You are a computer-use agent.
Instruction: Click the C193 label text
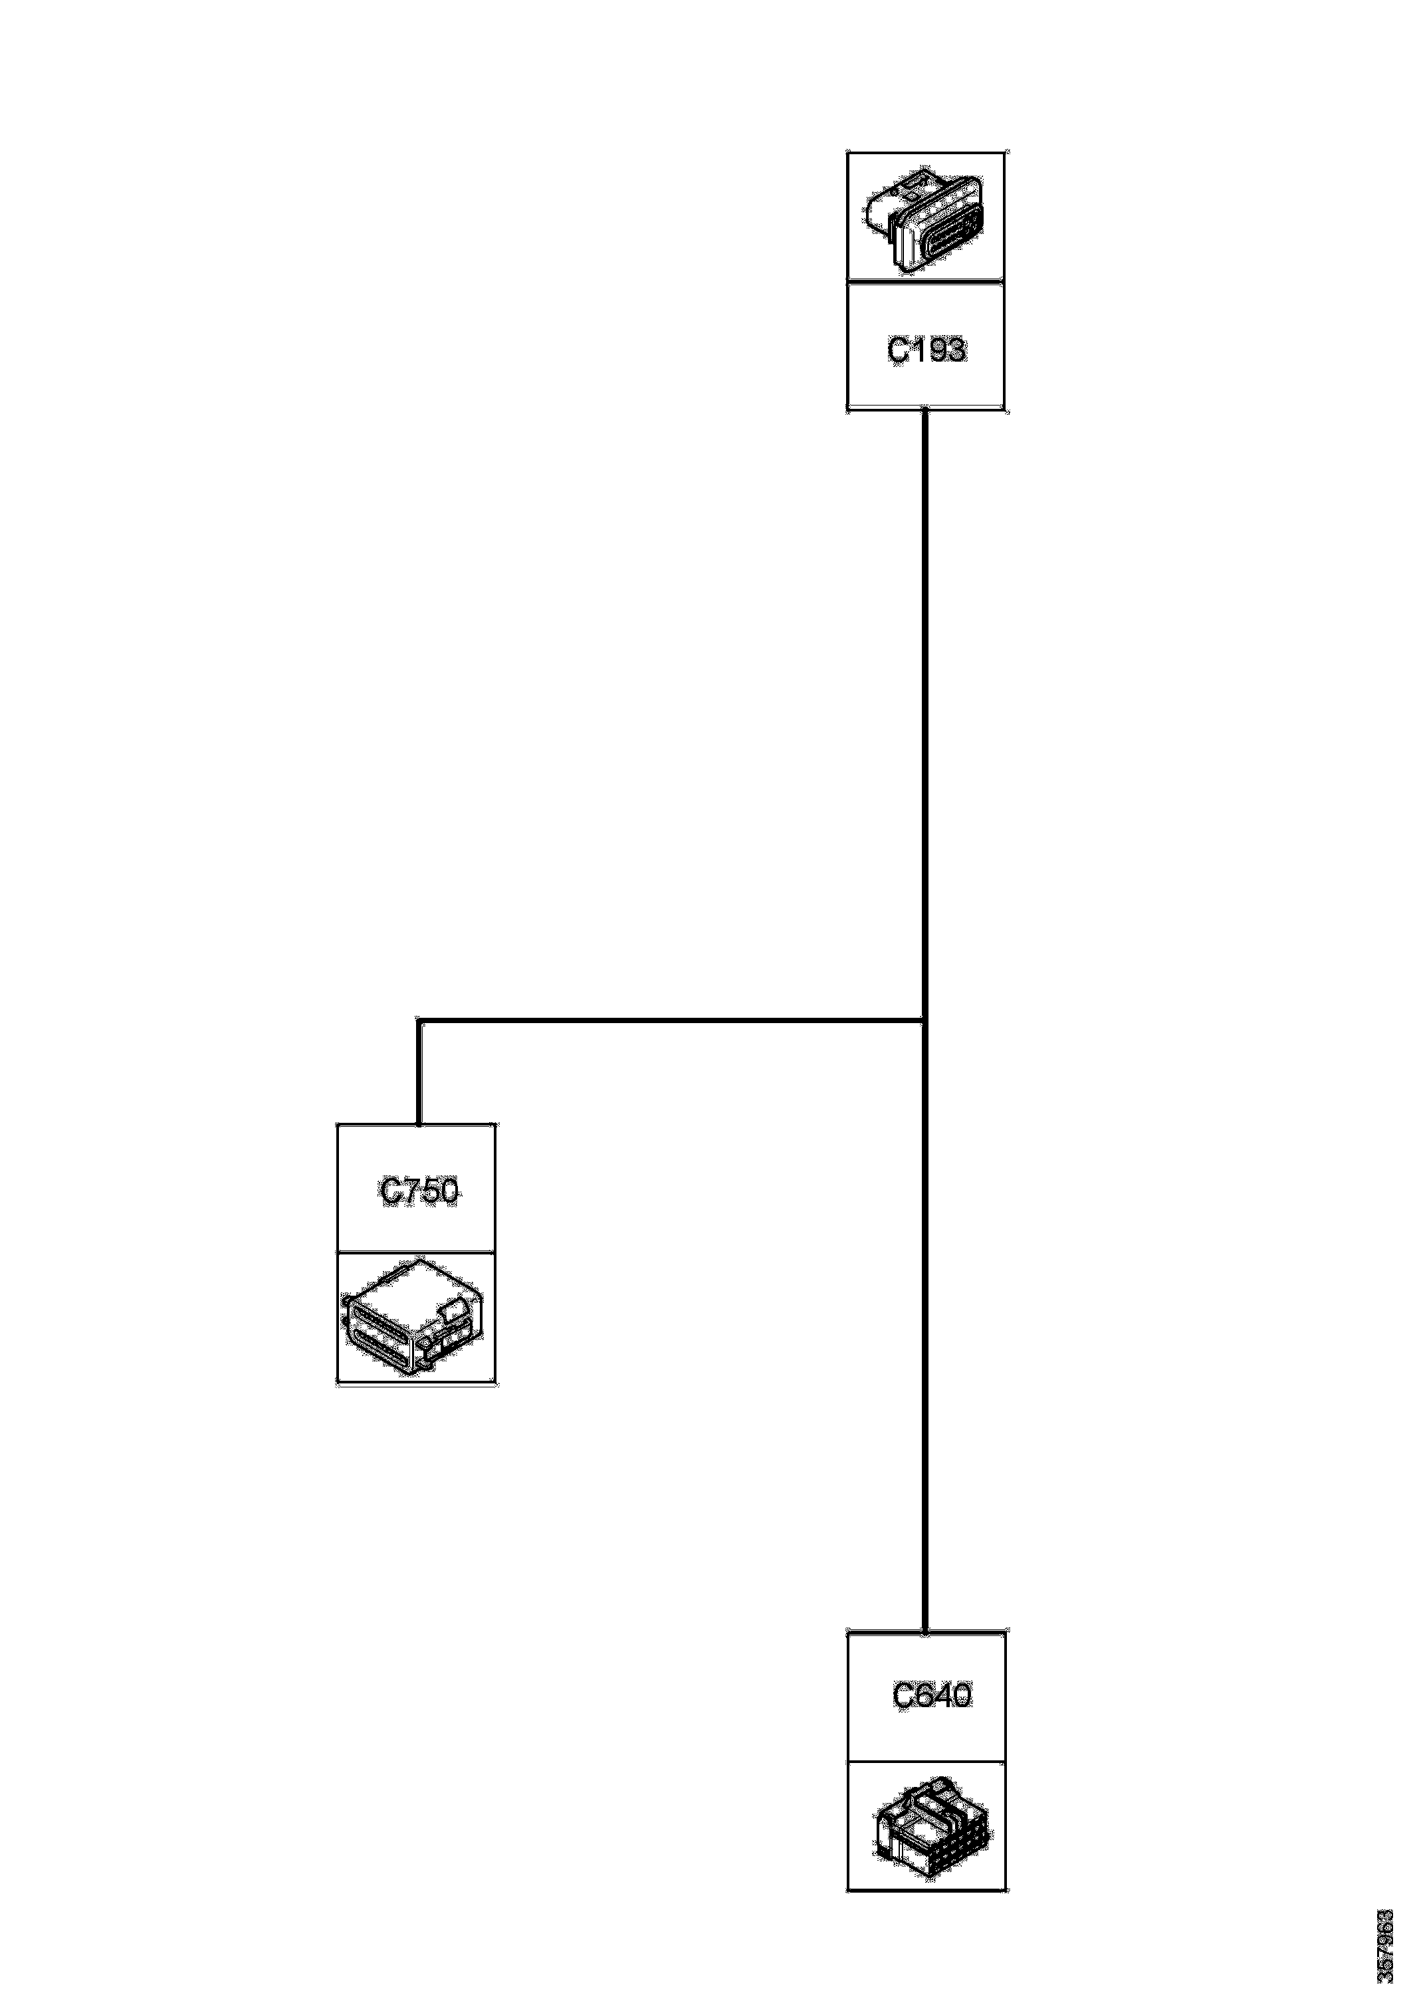click(926, 349)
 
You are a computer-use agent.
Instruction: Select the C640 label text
click(932, 1695)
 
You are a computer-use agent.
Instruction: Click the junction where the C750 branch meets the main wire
click(924, 1018)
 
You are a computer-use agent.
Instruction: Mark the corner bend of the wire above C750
click(419, 1020)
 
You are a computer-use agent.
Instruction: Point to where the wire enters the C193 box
click(924, 411)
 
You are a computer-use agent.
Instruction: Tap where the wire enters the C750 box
click(419, 1124)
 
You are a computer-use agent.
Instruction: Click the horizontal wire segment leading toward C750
click(671, 1018)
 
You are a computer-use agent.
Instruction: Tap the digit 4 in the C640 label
click(941, 1695)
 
